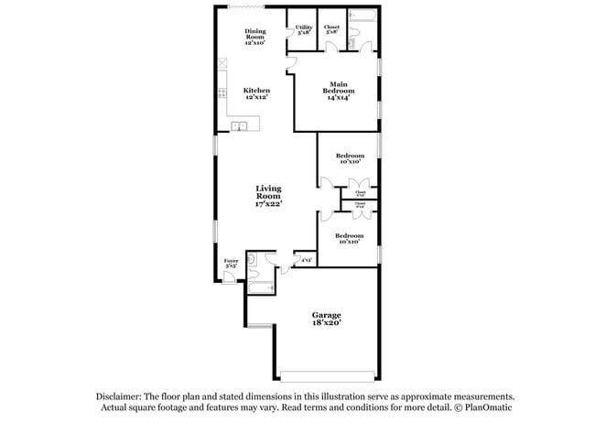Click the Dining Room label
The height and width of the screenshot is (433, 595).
[255, 37]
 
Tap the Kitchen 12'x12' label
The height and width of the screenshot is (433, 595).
[256, 94]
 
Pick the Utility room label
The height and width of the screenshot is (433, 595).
[303, 30]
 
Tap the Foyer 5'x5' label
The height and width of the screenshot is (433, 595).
[231, 265]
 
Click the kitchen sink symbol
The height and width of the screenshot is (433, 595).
[239, 126]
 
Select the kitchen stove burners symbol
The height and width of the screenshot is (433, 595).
[222, 92]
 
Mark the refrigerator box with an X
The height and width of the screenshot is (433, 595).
[222, 64]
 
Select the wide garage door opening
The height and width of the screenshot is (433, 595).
[327, 375]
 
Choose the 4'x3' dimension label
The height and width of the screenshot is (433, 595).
[306, 261]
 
